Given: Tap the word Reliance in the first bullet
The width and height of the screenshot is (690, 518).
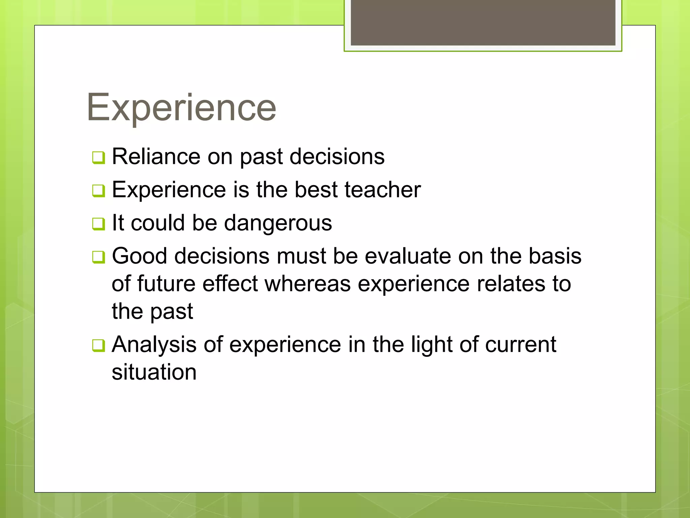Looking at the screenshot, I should [x=156, y=156].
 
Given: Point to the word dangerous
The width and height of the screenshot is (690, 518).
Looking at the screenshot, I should [x=278, y=223].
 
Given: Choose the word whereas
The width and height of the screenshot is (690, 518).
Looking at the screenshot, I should [x=308, y=284].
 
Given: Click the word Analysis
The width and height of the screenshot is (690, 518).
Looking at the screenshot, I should [x=154, y=345].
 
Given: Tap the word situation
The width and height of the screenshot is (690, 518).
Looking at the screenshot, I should [x=154, y=372].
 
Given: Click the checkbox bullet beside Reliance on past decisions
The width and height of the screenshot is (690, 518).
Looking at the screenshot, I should [x=98, y=158].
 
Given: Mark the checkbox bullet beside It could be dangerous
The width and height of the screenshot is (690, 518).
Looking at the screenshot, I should [x=98, y=224].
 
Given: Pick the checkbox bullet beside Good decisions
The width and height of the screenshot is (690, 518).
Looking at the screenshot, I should [x=98, y=257].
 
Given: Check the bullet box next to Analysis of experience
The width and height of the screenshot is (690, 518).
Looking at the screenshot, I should [x=98, y=346].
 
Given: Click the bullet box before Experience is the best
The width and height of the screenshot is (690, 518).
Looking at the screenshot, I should [x=98, y=191].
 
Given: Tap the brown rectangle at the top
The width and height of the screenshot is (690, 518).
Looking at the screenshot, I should [x=483, y=22].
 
